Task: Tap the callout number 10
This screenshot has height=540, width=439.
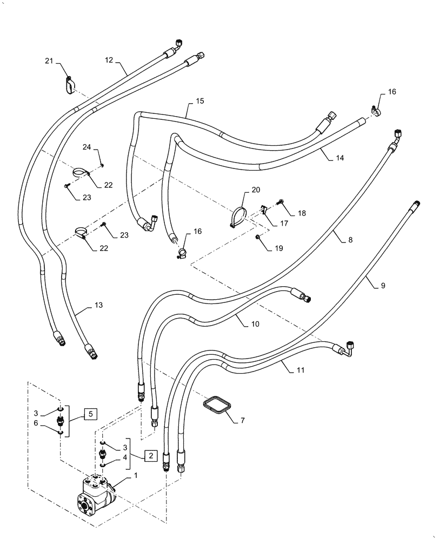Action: [255, 324]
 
